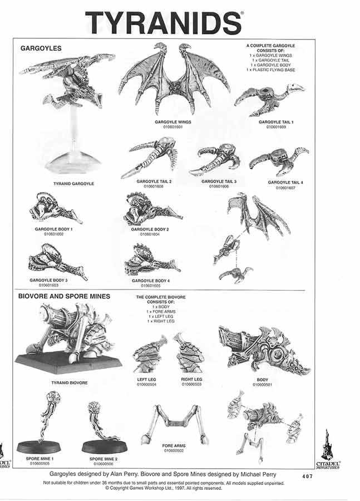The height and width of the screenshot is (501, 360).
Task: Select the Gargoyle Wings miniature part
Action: [174, 78]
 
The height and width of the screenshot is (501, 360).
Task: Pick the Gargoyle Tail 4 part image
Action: [278, 161]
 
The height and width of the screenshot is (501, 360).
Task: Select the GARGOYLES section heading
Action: [41, 48]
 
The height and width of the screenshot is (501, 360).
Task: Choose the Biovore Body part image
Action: [262, 351]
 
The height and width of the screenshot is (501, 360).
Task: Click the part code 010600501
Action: [262, 385]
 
